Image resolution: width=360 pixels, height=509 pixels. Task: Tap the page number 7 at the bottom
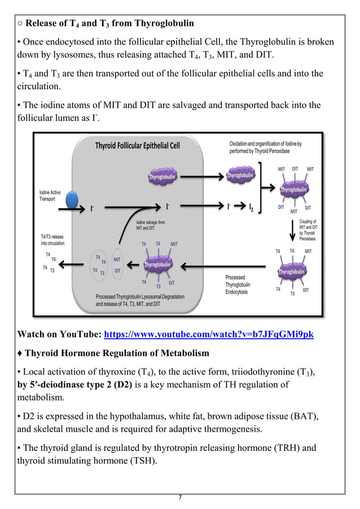(179, 497)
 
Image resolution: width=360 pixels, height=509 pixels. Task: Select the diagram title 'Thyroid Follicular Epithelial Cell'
(137, 146)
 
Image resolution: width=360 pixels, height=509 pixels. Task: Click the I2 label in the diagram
(251, 208)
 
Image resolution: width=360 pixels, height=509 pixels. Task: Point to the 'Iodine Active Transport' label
(51, 195)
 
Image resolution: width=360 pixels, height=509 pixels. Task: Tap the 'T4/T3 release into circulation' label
(52, 239)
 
